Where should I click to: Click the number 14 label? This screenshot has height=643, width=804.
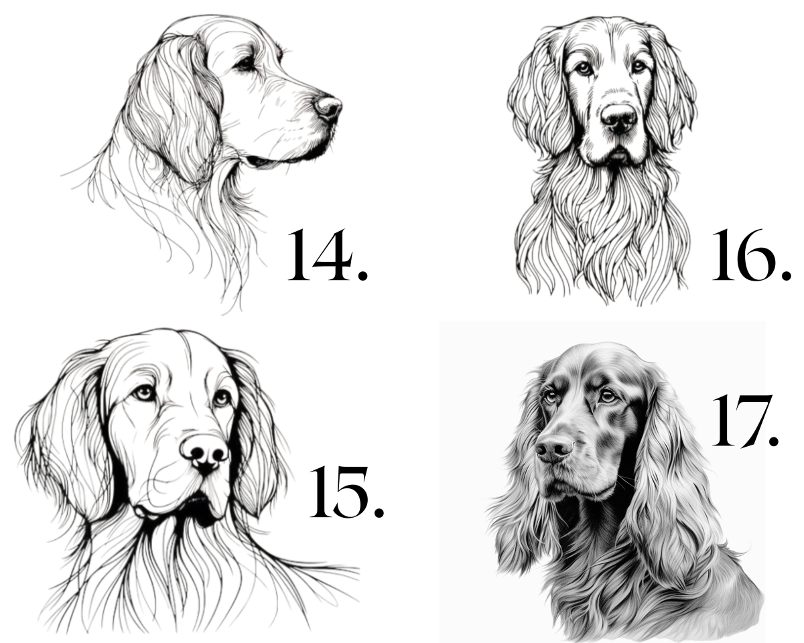coord(327,256)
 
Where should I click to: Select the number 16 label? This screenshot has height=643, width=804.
coord(751,256)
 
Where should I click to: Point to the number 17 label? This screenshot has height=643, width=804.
coord(745,421)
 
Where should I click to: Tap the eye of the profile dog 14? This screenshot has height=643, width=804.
coord(246,64)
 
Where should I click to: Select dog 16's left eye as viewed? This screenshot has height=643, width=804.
coord(584,68)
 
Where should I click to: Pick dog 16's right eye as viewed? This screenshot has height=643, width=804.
coord(639,66)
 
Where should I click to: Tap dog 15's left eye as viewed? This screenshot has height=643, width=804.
coord(145,393)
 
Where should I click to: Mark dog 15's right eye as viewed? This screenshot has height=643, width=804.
coord(222,398)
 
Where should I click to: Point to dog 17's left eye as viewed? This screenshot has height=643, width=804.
coord(551,397)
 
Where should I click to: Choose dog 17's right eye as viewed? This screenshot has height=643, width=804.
coord(608,395)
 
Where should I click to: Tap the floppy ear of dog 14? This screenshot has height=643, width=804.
coord(176,109)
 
